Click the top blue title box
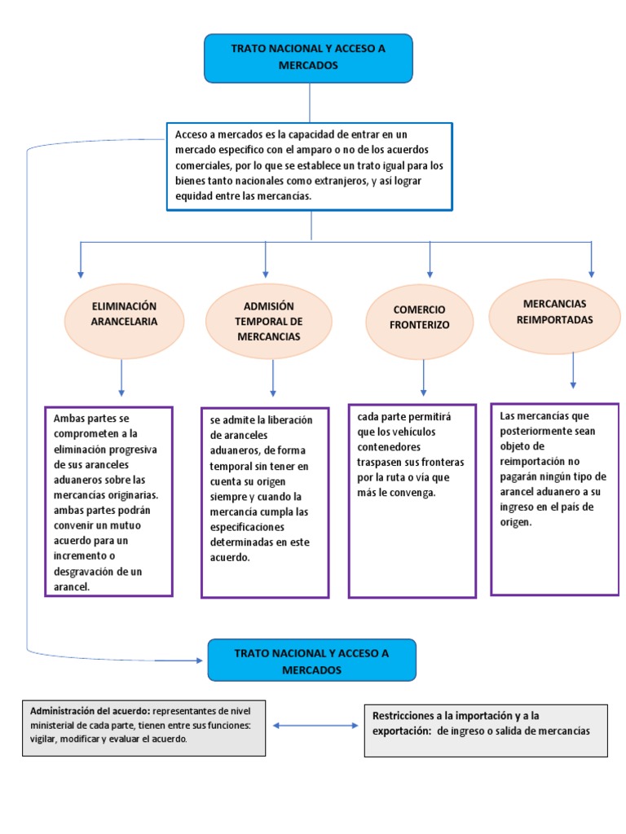pos(308,58)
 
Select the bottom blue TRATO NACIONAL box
pos(311,661)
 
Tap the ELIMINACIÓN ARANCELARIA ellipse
pos(123,314)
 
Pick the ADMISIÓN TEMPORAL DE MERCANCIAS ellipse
pos(268,322)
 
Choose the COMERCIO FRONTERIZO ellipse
pos(421,317)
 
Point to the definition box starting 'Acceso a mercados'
pos(309,166)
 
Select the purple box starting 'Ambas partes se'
pos(108,501)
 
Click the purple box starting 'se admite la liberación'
pos(265,503)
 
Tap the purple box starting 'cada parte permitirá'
pos(412,500)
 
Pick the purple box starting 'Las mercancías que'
pos(554,498)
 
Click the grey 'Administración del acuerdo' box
pos(143,725)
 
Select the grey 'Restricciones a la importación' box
pos(485,730)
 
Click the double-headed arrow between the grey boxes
pos(314,725)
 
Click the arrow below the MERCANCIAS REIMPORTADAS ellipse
pos(574,371)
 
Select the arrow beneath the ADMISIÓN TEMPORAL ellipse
pos(272,379)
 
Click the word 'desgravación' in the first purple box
pos(86,571)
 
